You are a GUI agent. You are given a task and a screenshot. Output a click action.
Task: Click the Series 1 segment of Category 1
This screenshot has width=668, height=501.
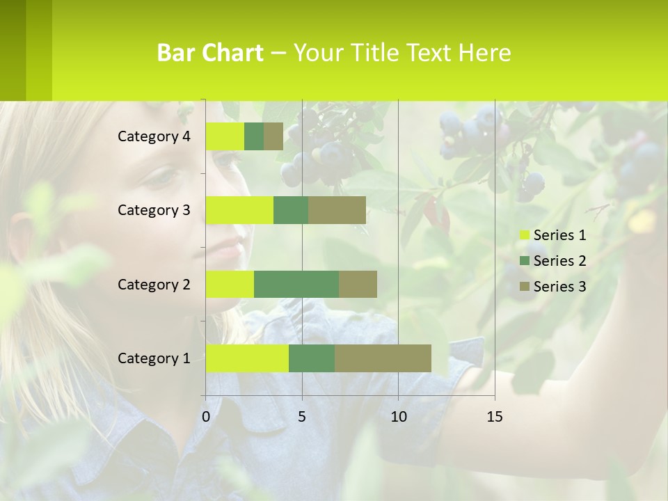(247, 358)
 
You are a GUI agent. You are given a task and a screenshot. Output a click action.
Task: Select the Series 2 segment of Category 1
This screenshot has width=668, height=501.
(312, 358)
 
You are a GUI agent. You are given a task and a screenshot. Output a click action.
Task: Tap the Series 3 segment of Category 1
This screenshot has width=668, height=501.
(383, 358)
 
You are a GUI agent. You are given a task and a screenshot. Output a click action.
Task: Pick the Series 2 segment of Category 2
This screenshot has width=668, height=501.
(296, 284)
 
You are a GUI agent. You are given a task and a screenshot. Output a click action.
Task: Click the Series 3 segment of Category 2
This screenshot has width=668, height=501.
(358, 284)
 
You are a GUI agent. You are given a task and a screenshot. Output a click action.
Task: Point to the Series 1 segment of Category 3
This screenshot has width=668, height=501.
(239, 210)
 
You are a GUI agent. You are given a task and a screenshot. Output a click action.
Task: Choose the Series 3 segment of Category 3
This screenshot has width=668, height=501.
(337, 210)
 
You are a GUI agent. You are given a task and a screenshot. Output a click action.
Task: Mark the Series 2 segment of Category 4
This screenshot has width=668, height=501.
(254, 136)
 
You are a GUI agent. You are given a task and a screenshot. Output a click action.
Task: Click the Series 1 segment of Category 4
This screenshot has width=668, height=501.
(225, 136)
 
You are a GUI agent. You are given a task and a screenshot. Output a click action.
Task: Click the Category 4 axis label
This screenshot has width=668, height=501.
(154, 136)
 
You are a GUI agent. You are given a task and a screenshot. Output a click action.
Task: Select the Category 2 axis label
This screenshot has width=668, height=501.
(154, 284)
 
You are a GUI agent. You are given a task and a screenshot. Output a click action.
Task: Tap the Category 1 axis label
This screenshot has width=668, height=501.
(154, 358)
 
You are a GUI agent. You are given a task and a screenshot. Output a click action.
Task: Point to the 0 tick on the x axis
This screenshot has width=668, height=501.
(206, 417)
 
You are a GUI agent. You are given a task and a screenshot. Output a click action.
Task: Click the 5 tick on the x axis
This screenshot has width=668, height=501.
(302, 417)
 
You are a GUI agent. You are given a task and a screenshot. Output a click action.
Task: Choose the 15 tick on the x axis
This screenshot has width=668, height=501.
(495, 417)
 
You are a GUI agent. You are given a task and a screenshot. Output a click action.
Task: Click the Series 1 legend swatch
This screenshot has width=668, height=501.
(524, 235)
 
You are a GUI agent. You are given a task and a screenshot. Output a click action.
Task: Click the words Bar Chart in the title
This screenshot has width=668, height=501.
(210, 53)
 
